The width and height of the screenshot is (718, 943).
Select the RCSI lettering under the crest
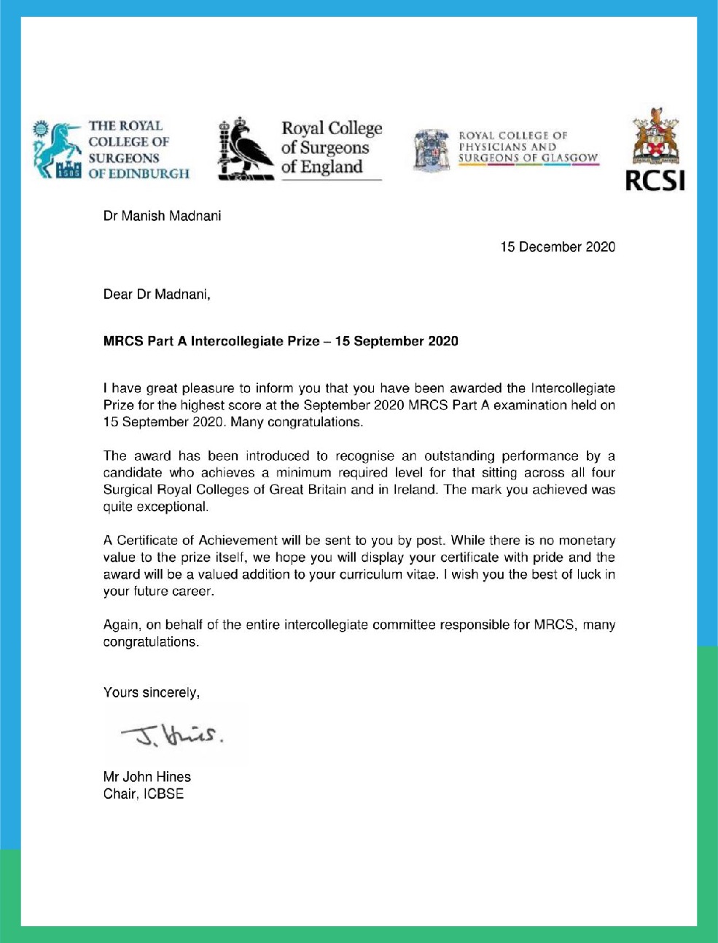tap(655, 180)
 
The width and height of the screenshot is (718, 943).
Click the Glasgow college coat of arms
tap(431, 150)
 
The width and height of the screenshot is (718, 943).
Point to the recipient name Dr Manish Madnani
tap(162, 216)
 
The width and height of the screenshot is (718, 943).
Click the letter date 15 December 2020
tap(557, 247)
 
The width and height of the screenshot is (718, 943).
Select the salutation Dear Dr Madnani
tap(157, 294)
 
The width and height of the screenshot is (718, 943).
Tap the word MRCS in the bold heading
tap(123, 341)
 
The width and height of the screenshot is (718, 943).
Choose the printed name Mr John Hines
tap(147, 777)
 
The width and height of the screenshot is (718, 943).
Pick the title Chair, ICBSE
tap(143, 794)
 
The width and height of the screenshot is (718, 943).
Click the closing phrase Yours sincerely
tap(151, 692)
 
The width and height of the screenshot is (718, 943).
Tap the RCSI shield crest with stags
tap(655, 138)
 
